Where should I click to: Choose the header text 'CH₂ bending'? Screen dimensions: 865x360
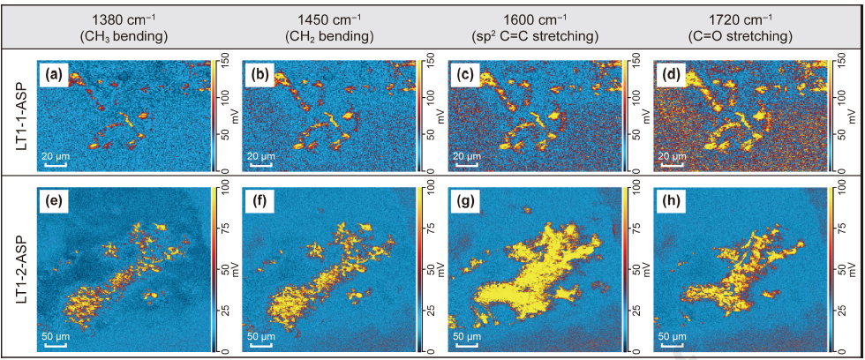pos(329,37)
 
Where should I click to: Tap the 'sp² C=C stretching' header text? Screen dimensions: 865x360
pos(535,37)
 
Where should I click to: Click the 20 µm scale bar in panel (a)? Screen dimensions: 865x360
pos(55,164)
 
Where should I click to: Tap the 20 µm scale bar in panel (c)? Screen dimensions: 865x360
pos(467,164)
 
